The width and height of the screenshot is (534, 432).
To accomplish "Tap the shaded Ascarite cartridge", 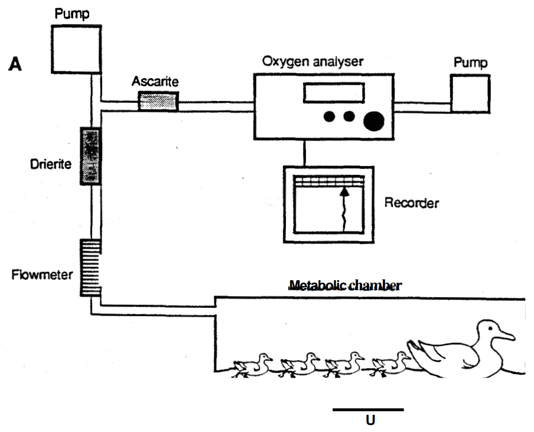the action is point(158,101).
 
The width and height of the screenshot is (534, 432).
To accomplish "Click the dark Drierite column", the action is point(90,156).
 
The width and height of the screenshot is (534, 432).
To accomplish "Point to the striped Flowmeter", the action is point(90,268).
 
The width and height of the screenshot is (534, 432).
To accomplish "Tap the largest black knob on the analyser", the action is point(373,121).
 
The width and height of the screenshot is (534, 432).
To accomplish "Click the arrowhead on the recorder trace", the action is point(344,191).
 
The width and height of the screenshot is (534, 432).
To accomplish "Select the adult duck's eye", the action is point(490,328).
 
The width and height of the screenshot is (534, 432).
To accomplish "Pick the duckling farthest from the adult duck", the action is point(252,366).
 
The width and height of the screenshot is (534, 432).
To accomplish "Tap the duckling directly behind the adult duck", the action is point(391,364).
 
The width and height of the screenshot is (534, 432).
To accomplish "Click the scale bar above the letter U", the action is point(368,410).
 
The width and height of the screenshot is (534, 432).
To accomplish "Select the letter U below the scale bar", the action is point(370,420).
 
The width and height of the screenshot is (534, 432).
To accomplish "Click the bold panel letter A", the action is point(15,64).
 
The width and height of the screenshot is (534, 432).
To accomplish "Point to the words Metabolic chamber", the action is point(346,285).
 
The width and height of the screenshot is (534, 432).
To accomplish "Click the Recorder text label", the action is point(411,203).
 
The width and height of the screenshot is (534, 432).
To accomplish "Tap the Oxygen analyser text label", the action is point(312,61).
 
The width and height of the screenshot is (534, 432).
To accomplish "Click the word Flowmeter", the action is point(42,275).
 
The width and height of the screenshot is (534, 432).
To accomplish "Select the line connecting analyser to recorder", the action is point(304,152).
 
